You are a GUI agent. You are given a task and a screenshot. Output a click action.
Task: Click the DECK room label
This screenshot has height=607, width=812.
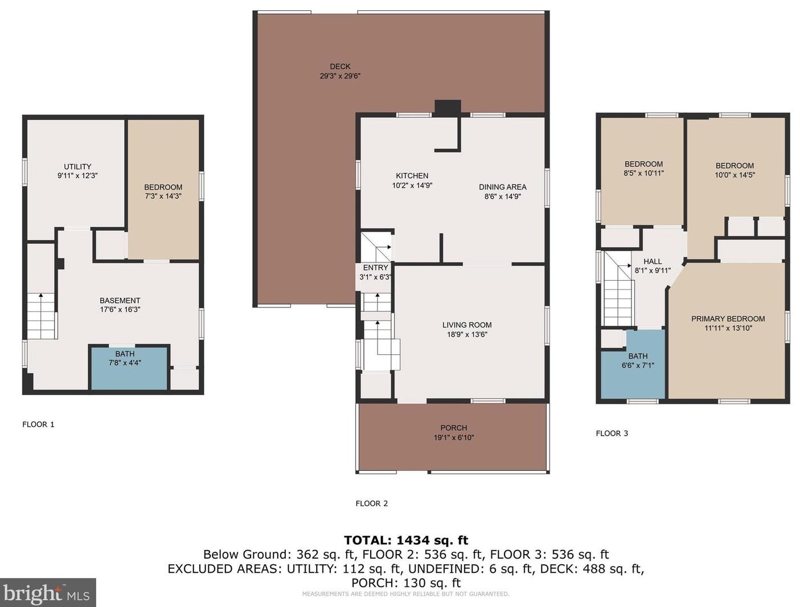340,67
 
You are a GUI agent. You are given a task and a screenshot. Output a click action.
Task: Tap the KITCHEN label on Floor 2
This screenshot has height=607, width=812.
412,176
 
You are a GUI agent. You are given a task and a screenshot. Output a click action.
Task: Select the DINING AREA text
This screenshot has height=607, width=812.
503,187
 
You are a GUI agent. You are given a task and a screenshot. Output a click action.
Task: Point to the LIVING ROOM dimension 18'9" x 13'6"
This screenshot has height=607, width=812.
467,335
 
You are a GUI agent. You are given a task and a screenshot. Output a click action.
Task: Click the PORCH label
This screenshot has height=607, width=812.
454,428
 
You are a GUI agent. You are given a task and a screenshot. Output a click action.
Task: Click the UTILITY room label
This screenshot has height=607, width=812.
77,166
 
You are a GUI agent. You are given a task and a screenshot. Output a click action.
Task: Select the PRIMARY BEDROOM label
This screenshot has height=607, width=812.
728,319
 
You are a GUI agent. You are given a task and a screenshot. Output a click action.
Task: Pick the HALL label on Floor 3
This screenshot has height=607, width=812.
653,261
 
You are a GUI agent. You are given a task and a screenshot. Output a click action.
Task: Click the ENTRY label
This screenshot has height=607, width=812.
375,268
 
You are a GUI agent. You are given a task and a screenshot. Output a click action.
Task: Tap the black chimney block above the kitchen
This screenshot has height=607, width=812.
448,108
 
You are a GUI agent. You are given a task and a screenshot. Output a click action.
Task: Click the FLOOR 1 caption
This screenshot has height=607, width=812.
39,425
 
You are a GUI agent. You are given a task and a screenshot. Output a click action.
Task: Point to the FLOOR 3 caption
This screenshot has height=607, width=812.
612,433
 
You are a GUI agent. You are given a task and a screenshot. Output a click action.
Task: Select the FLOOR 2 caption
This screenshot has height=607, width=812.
372,503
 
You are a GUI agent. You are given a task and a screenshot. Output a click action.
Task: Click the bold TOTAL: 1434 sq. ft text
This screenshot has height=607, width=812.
406,540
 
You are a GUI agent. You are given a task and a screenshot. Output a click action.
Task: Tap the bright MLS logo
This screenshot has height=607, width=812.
48,593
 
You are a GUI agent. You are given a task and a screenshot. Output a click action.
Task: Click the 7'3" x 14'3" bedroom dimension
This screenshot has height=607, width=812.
163,196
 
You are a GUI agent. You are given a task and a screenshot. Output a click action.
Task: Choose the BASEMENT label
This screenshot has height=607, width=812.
120,301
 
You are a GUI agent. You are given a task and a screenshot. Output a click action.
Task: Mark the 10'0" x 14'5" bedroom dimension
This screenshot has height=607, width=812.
735,175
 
